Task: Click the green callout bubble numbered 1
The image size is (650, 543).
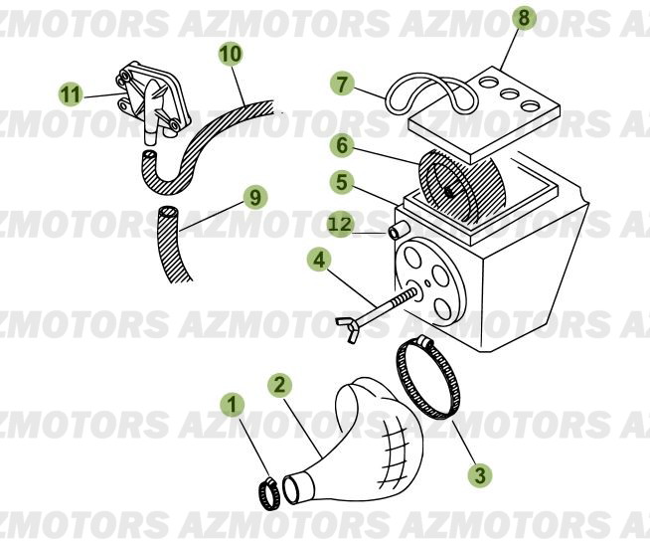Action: point(233,405)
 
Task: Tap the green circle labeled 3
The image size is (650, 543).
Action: point(481,475)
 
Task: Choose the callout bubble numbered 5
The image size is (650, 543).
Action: point(341,183)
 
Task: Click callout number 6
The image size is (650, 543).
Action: point(341,146)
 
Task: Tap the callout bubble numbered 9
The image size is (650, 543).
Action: point(255,197)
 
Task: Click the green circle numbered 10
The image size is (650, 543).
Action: point(230,53)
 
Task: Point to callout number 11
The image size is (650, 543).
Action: point(70,94)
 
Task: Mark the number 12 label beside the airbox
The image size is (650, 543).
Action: point(341,226)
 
